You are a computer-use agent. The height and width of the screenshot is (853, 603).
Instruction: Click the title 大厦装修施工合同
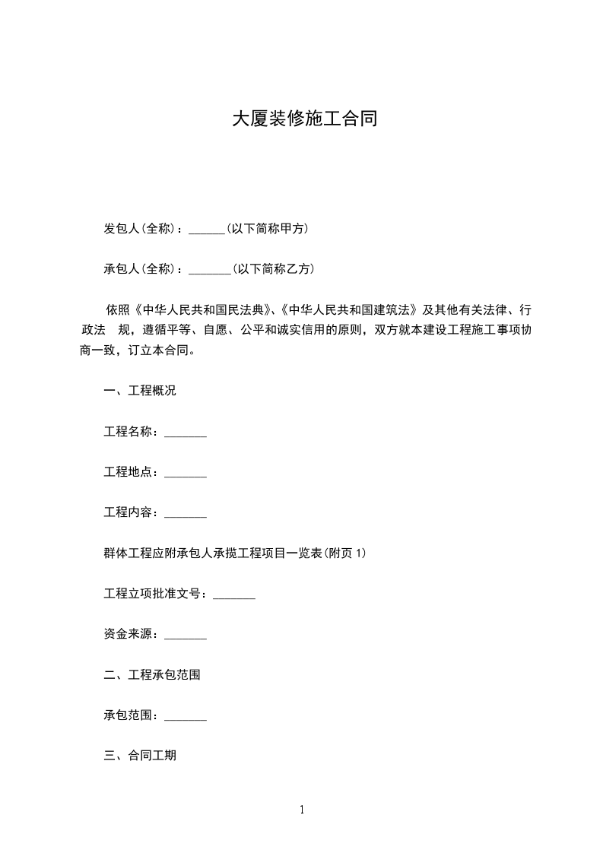[304, 120]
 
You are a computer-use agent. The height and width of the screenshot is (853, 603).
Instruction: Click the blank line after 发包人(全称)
[206, 229]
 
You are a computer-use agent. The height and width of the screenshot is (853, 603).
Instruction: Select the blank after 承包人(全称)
[209, 269]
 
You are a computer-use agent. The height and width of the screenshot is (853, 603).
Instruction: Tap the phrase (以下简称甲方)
[268, 229]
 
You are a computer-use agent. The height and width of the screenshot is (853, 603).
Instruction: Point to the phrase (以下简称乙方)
[274, 269]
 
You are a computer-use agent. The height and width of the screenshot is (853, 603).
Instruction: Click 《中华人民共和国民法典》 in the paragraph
[202, 310]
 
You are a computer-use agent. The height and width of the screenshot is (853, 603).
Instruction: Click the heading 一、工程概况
[140, 391]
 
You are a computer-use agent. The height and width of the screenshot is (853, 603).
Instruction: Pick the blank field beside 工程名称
[186, 433]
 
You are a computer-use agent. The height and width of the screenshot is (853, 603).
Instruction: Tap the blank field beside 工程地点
[186, 473]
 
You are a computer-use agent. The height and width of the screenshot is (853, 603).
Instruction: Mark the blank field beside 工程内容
[186, 513]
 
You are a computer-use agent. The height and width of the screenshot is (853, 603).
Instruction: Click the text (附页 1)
[346, 553]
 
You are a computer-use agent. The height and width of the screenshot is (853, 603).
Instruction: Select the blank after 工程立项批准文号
[234, 594]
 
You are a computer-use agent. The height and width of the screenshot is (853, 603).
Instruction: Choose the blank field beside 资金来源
[186, 634]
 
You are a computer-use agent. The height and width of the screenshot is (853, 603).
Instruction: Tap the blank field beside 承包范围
[186, 715]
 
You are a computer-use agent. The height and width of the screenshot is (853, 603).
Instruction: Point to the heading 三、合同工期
[140, 756]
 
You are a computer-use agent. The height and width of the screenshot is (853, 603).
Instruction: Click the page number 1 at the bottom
[302, 810]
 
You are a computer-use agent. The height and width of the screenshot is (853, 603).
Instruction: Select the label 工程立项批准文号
[154, 594]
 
